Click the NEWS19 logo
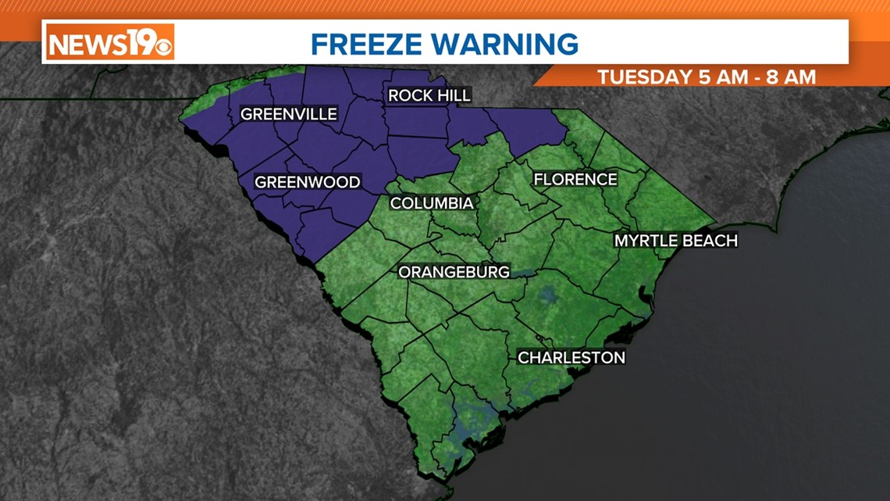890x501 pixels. pyautogui.click(x=109, y=41)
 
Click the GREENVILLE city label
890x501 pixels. pyautogui.click(x=288, y=114)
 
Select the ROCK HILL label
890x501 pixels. pyautogui.click(x=429, y=95)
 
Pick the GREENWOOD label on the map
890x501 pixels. pyautogui.click(x=308, y=182)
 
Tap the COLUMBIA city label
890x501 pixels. pyautogui.click(x=432, y=203)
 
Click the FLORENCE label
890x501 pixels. pyautogui.click(x=575, y=180)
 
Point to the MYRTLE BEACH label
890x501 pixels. pyautogui.click(x=675, y=241)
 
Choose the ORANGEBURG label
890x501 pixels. pyautogui.click(x=454, y=272)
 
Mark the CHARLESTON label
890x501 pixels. pyautogui.click(x=571, y=357)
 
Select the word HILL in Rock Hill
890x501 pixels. pyautogui.click(x=452, y=95)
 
